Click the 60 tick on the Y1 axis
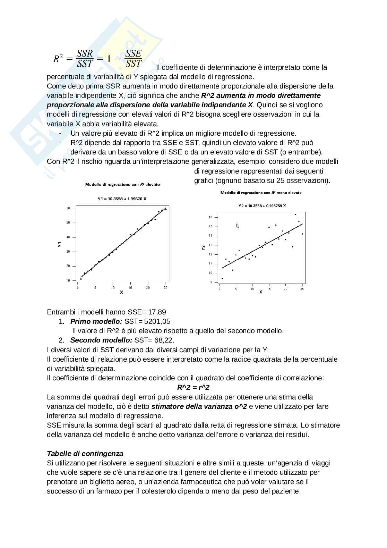(x=68, y=208)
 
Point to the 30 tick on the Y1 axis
(x=68, y=252)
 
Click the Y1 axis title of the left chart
(x=60, y=244)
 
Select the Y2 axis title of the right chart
(x=204, y=248)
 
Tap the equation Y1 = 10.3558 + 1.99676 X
(x=122, y=199)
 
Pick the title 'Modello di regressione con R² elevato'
(x=122, y=185)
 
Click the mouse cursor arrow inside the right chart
(x=238, y=226)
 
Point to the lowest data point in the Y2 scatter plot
(x=222, y=278)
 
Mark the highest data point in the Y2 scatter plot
(x=295, y=214)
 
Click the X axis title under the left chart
(x=121, y=293)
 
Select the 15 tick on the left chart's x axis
(x=130, y=287)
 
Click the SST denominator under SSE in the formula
(x=134, y=63)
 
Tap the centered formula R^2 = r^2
(x=193, y=387)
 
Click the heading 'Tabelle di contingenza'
(x=85, y=454)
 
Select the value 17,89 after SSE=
(x=157, y=312)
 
